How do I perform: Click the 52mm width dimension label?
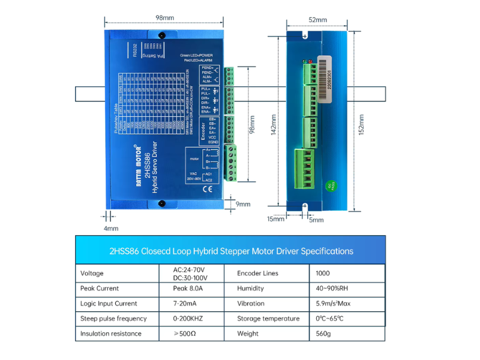317,20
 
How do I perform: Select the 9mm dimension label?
243,204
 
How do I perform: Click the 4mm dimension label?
111,229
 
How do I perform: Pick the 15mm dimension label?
275,219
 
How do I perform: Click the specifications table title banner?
230,251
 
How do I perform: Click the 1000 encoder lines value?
322,274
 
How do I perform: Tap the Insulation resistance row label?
111,334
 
